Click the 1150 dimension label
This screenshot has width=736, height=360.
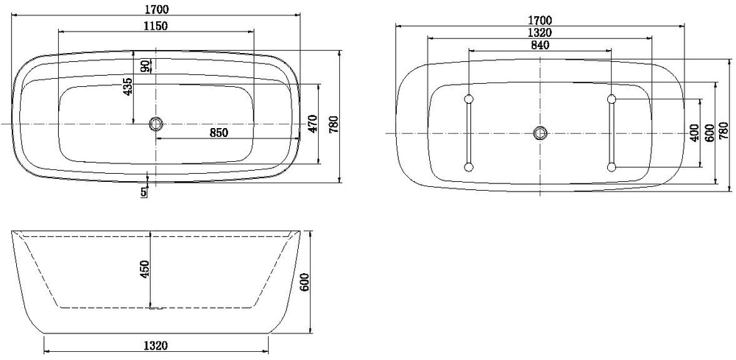[x=155, y=27]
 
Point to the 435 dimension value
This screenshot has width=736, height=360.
[x=128, y=87]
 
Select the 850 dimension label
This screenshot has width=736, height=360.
[x=219, y=133]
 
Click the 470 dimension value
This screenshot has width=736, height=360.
[x=311, y=124]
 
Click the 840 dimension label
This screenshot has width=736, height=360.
[x=540, y=45]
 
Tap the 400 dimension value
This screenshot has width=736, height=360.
[x=694, y=133]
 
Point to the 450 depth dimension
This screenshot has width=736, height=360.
[x=144, y=270]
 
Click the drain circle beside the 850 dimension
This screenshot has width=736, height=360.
[x=155, y=124]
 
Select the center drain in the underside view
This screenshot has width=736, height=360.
[x=540, y=133]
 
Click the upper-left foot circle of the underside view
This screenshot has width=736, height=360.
[x=469, y=99]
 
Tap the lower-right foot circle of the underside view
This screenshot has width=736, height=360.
[x=611, y=168]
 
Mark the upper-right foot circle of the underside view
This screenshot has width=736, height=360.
[x=611, y=99]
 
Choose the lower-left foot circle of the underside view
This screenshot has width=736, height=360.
[x=469, y=168]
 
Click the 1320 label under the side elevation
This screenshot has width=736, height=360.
[x=155, y=345]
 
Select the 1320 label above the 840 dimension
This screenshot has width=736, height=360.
[x=540, y=32]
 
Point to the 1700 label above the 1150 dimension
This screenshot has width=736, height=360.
[x=157, y=9]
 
